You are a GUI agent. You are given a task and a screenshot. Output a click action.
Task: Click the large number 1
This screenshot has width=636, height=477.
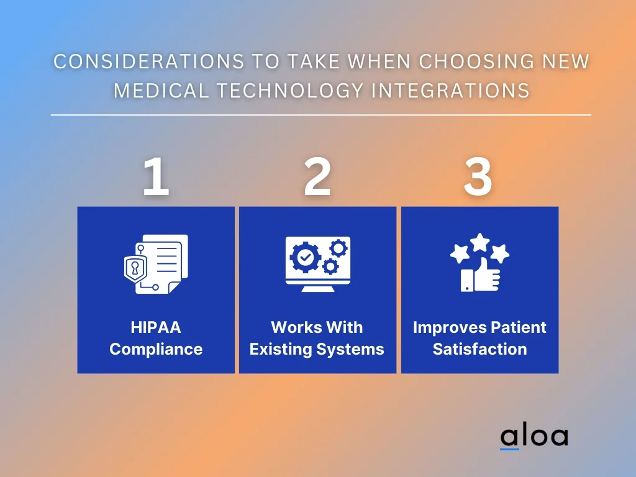click(156, 176)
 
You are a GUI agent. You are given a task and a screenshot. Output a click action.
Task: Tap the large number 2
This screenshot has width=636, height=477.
click(317, 176)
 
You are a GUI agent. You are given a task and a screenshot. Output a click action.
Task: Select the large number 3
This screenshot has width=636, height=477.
click(478, 176)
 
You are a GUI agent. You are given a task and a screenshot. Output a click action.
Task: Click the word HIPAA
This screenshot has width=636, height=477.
click(156, 327)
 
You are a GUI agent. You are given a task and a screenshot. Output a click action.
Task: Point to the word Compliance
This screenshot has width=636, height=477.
click(156, 349)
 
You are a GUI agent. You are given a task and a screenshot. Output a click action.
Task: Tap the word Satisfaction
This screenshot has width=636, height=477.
click(480, 349)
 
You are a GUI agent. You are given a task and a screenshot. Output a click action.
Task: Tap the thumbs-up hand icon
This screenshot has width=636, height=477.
click(481, 276)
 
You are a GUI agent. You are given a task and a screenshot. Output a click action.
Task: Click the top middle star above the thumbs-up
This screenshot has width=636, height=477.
click(480, 242)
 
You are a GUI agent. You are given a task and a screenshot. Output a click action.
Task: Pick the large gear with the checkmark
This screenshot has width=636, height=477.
click(306, 257)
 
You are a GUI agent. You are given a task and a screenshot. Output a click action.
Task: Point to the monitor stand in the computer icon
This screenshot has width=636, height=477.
click(318, 289)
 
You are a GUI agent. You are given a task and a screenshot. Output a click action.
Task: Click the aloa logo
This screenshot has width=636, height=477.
click(534, 437)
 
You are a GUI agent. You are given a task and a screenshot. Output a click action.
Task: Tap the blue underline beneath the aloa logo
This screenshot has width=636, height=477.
click(509, 449)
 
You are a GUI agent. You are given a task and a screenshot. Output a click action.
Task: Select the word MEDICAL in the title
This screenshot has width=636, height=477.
click(161, 91)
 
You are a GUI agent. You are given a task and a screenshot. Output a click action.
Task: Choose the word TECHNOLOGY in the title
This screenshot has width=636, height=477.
click(290, 91)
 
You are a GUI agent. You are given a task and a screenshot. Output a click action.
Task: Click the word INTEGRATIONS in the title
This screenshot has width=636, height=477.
click(451, 91)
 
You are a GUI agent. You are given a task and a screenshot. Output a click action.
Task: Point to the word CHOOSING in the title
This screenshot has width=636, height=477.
click(476, 61)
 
